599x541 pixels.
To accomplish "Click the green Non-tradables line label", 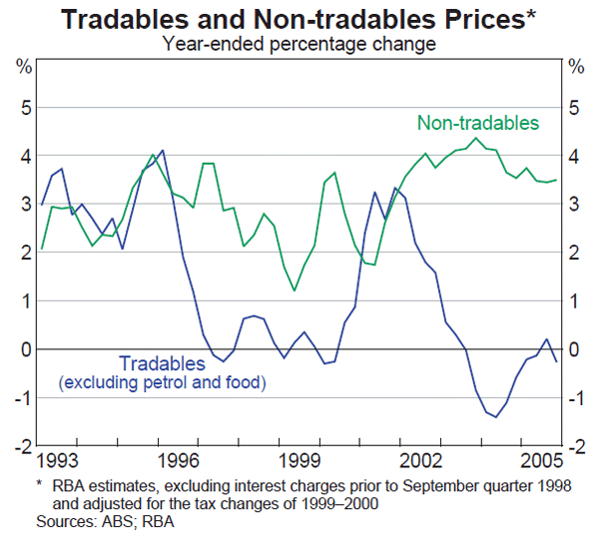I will click(477, 123).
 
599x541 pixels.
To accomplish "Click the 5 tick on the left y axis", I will click(24, 107).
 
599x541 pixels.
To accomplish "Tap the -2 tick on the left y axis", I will click(22, 446).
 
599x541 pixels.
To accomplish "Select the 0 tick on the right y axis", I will click(574, 349).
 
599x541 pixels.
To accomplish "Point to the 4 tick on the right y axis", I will click(574, 156).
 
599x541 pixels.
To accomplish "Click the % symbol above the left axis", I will click(23, 67).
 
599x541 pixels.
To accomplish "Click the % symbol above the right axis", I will click(576, 67).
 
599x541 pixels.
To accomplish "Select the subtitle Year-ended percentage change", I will click(299, 43).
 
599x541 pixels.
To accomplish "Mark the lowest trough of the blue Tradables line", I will click(495, 417).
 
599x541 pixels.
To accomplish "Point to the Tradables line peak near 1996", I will click(163, 150).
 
